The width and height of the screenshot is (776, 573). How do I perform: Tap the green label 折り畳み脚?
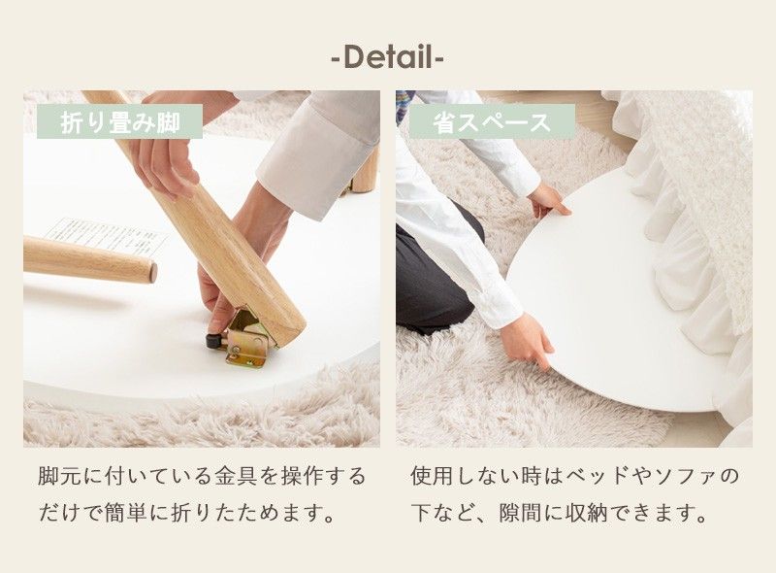pos(119,121)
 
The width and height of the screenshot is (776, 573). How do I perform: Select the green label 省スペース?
pos(491,121)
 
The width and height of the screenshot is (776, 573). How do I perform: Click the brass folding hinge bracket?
pos(248,339)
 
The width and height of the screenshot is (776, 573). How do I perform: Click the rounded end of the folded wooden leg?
pos(146,271)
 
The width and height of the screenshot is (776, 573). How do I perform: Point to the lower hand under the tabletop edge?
pos(529,340)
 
